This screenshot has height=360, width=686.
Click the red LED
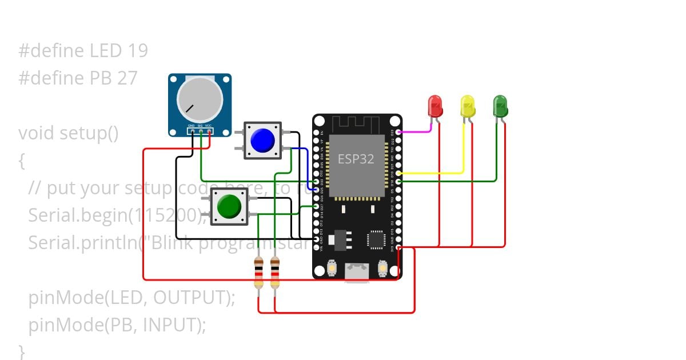tap(435, 106)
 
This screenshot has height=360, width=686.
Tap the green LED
tap(500, 106)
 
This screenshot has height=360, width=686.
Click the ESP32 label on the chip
tap(356, 159)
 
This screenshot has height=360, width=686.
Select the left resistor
tap(259, 273)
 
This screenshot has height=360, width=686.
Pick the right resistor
tap(275, 273)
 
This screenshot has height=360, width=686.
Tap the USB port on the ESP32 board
tap(357, 272)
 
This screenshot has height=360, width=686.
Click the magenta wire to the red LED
tap(414, 131)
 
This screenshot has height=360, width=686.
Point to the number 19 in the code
tap(138, 51)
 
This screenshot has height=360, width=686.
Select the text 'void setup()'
tap(68, 133)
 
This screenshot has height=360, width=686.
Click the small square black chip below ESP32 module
tap(376, 239)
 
